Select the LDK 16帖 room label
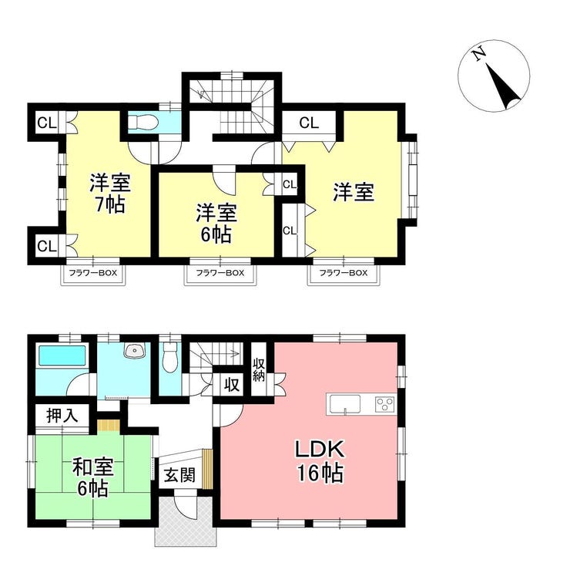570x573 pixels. (320, 461)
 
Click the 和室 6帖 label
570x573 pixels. (93, 477)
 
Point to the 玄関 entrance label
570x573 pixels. (179, 475)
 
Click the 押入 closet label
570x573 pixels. (62, 416)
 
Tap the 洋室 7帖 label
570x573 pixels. (110, 194)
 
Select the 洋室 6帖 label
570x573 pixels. (216, 224)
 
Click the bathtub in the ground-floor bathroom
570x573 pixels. (62, 356)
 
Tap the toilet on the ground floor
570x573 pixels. (170, 357)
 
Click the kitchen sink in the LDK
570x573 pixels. (345, 404)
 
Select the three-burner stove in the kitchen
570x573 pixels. (384, 404)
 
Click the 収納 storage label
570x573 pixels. (259, 370)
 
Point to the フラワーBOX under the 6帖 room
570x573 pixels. (220, 273)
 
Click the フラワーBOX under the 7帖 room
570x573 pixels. (93, 273)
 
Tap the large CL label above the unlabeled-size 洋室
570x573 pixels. (309, 123)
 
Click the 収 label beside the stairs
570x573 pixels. (231, 384)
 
